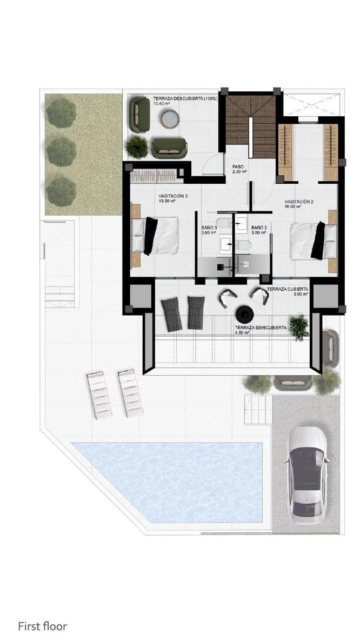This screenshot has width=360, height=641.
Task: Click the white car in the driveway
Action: click(x=308, y=474)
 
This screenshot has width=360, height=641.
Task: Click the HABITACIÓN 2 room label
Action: click(x=299, y=204)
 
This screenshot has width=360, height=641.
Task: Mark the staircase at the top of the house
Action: click(x=250, y=125)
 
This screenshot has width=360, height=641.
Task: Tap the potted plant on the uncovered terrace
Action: click(x=136, y=146)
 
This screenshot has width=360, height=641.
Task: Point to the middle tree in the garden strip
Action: click(x=61, y=152)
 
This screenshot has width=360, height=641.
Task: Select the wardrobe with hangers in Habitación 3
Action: click(x=154, y=176)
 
